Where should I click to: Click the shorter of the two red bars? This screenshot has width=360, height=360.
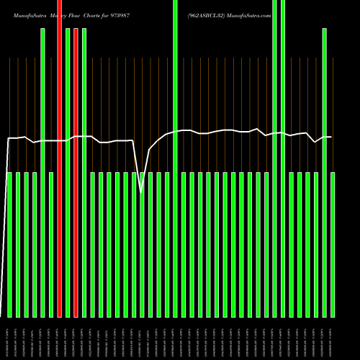[76, 173]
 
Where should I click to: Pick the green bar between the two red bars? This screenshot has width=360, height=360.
[68, 173]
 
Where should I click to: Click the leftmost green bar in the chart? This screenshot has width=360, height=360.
[10, 245]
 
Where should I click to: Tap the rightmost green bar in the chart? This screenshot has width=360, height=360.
[333, 245]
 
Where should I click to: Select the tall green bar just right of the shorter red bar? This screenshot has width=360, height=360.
[84, 173]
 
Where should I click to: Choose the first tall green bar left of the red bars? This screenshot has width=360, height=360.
[43, 173]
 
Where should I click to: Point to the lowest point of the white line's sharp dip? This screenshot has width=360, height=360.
[141, 192]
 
